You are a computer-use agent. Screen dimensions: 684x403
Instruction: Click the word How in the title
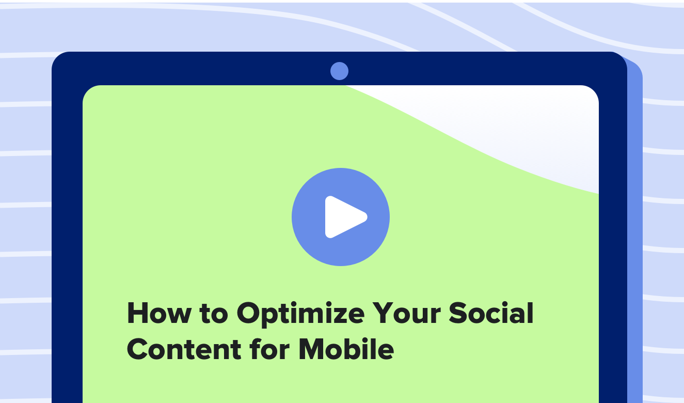(x=159, y=313)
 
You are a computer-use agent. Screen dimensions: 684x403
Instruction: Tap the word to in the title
(x=214, y=314)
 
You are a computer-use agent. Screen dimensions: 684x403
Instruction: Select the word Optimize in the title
(x=301, y=314)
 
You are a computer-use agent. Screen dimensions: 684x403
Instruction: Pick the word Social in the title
(x=491, y=312)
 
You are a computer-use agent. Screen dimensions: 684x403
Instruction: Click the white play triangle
(x=344, y=217)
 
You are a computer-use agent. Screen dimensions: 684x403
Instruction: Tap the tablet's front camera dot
(x=339, y=71)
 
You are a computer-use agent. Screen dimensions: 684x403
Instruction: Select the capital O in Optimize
(x=248, y=313)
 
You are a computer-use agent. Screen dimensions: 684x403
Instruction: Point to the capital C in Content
(x=137, y=349)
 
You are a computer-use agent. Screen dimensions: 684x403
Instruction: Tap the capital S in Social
(x=457, y=313)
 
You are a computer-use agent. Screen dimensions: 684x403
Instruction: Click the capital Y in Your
(x=383, y=313)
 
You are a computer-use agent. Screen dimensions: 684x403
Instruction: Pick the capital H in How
(x=137, y=313)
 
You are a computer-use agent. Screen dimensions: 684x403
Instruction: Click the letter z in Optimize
(x=337, y=316)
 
